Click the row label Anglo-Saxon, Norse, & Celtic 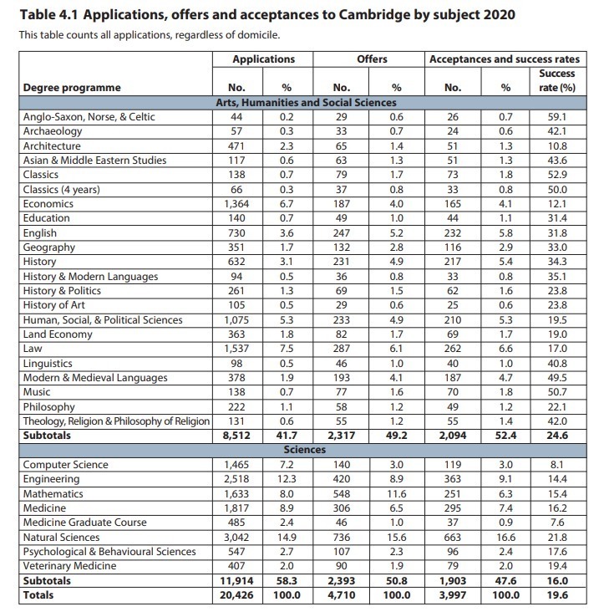click(x=89, y=117)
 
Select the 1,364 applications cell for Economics click(x=237, y=204)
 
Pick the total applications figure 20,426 click(x=237, y=595)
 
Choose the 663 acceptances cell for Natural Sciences click(x=454, y=538)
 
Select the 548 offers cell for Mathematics click(x=341, y=494)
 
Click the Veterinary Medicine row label click(x=70, y=566)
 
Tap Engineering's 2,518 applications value click(x=237, y=480)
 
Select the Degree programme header click(x=72, y=88)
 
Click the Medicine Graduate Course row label click(x=84, y=523)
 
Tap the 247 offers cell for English click(x=341, y=232)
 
